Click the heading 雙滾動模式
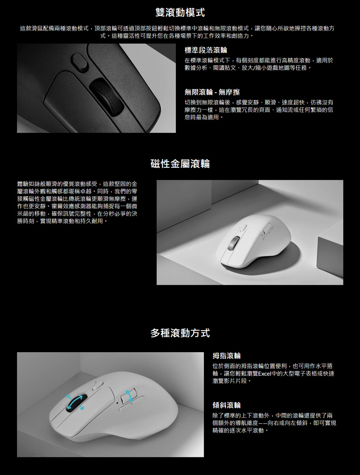180,12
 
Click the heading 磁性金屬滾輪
180,164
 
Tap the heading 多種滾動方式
180,333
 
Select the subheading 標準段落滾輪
206,50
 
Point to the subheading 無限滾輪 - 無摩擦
212,92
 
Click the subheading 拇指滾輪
227,356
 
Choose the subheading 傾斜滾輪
227,405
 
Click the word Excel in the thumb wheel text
265,373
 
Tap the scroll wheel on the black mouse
106,98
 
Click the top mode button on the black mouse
79,62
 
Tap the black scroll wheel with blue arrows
75,403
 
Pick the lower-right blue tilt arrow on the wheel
81,408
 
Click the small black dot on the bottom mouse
117,403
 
